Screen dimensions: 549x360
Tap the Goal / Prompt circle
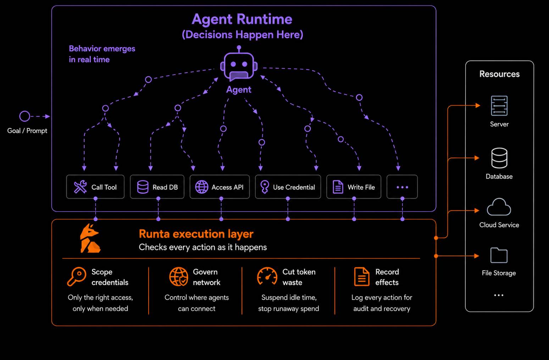coord(24,116)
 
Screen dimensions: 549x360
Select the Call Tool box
coord(95,187)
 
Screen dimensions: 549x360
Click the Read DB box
coord(157,187)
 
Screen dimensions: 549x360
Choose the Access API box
coord(220,187)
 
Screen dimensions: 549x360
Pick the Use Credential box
coord(288,187)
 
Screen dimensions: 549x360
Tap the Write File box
coord(354,187)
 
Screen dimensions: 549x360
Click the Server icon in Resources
coord(499,106)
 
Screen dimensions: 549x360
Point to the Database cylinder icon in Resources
coord(499,158)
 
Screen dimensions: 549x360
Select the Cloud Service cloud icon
coord(499,207)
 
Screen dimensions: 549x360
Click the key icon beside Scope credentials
coord(77,276)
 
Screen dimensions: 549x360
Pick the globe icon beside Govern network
coord(179,276)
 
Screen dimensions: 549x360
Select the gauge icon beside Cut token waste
coord(267,276)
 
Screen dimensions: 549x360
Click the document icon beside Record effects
coord(362,276)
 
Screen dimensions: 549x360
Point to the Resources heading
coord(499,74)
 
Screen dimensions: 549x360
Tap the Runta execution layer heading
coord(196,234)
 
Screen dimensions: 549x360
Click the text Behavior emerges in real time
coord(102,54)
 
